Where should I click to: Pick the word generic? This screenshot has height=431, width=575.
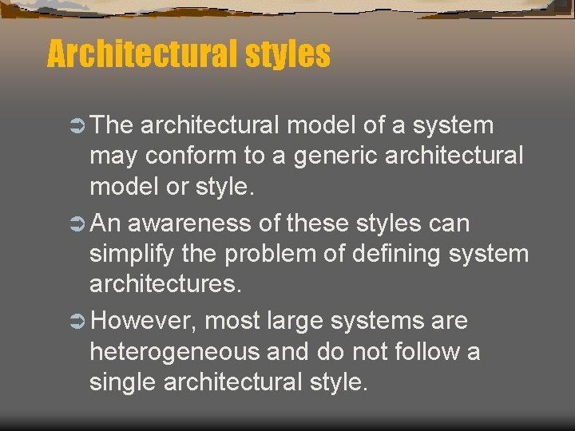(335, 156)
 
